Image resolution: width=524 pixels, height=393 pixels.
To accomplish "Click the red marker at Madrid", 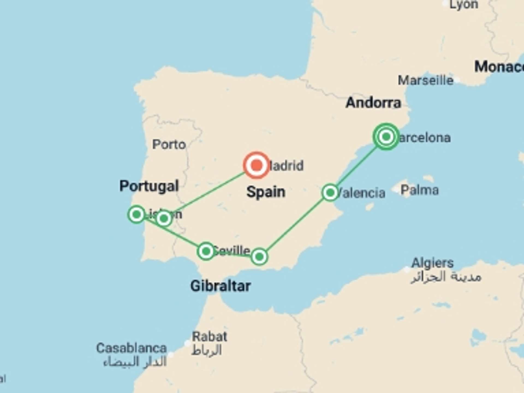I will click(256, 165).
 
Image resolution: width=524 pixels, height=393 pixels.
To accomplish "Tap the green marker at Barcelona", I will click(386, 136).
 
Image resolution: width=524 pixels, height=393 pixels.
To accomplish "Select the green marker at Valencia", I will click(330, 193).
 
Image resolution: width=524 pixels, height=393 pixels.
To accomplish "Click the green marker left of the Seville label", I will click(206, 251).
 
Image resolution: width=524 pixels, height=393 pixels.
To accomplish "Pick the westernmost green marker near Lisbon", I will click(136, 215).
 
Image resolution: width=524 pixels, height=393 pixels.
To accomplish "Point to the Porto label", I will click(169, 144).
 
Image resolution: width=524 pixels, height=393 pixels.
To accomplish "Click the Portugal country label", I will click(149, 186).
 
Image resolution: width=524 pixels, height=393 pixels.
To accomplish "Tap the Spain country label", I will click(266, 192).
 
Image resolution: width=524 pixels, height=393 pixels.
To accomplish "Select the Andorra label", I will click(373, 103).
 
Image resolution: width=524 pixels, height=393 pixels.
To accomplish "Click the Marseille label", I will click(425, 81).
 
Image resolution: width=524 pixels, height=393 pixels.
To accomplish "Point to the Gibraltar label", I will click(221, 286).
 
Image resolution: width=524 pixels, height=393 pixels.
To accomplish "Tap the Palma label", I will click(419, 190).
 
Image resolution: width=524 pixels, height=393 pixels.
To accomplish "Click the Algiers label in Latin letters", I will click(432, 263).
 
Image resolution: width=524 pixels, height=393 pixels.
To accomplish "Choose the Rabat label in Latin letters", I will click(209, 337).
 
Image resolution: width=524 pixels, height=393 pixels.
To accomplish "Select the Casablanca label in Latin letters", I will click(131, 348).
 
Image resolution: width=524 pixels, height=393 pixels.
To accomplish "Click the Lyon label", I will click(464, 5).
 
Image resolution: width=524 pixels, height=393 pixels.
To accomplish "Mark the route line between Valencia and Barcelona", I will click(358, 165).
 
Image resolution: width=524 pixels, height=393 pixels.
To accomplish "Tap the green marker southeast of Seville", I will click(259, 257).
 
